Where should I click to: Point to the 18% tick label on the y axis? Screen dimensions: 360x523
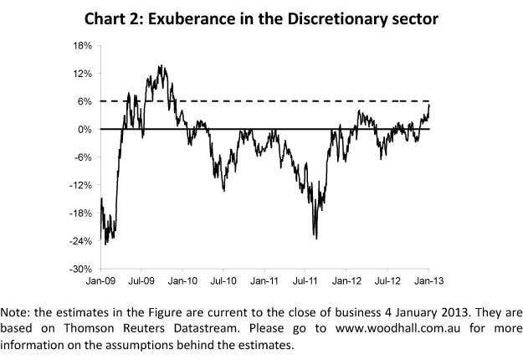[83, 45]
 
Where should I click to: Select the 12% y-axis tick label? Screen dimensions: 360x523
[83, 73]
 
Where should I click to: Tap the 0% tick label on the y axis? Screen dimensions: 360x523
[85, 129]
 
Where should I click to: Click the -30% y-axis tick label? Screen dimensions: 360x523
[81, 270]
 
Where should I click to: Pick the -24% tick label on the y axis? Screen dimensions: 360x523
[81, 241]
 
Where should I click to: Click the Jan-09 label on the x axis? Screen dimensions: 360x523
[101, 282]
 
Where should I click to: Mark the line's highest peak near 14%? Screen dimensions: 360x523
[160, 65]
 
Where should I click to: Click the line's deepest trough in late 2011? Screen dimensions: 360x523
[315, 237]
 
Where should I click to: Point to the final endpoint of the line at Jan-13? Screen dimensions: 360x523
[430, 104]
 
